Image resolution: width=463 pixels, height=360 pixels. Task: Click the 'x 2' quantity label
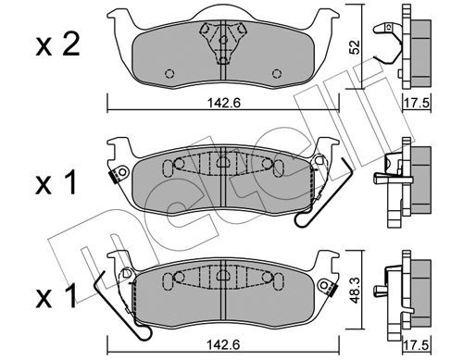(x=58, y=45)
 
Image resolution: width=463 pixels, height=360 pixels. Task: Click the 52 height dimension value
(x=355, y=47)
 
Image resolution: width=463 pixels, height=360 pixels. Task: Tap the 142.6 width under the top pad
(x=223, y=103)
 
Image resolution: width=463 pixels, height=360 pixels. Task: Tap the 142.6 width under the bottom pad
(x=223, y=345)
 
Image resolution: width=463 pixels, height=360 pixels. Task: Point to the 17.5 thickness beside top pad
(x=417, y=103)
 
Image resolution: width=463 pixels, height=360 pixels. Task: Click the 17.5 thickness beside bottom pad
(x=417, y=345)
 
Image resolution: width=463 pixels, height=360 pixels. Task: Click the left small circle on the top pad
(x=169, y=74)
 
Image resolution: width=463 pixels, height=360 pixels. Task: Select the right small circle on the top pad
(x=277, y=74)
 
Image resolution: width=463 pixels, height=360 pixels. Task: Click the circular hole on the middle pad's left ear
(x=123, y=171)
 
